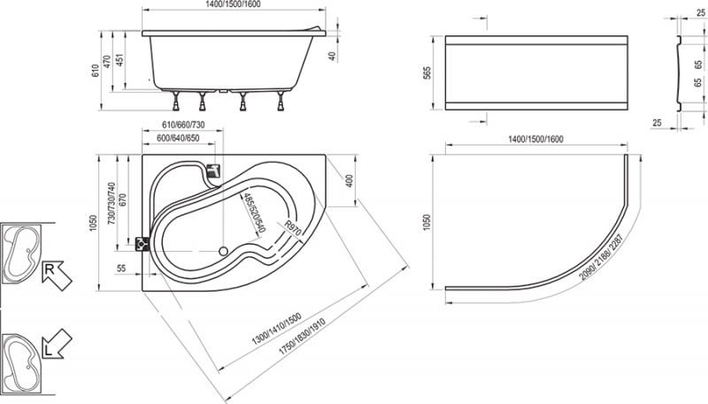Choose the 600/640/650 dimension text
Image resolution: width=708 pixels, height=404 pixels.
[x=181, y=139]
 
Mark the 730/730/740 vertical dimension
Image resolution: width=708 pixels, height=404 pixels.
[x=112, y=206]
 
